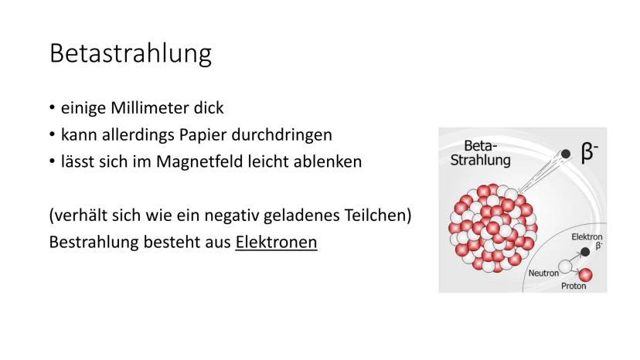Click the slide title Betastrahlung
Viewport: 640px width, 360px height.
pos(131,53)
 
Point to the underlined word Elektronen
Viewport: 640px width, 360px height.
pos(276,242)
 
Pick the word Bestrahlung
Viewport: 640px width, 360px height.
pos(94,242)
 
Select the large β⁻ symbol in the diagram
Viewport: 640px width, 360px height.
pos(590,153)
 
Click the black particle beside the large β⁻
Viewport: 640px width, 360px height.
pos(565,154)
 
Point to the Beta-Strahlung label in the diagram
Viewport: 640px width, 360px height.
pos(481,153)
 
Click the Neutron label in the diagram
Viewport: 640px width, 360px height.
pos(543,273)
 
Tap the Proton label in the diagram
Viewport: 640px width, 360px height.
pos(574,286)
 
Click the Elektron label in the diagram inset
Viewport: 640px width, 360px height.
pos(587,236)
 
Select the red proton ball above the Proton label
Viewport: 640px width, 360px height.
pos(585,275)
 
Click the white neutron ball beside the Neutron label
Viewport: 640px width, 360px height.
pos(565,267)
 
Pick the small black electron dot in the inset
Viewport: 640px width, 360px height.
pos(585,252)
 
